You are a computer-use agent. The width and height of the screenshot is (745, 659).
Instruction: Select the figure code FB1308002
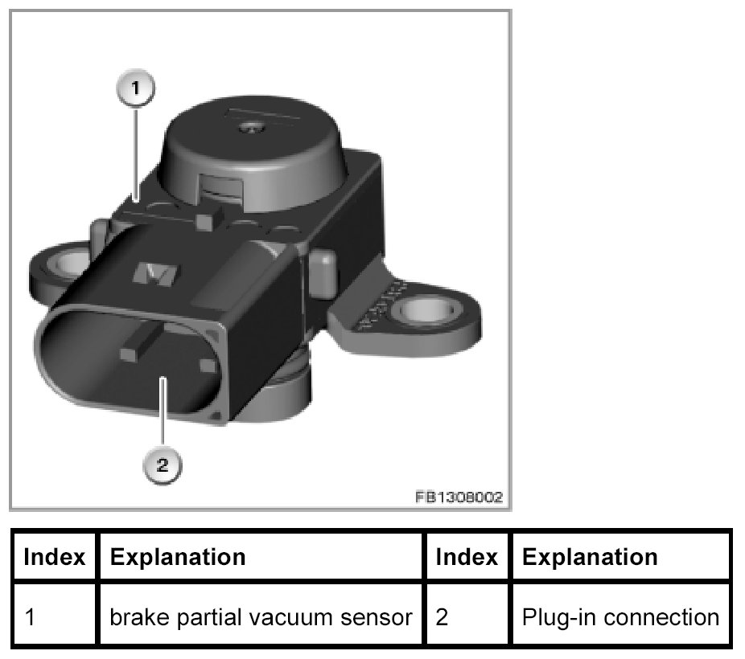tap(459, 497)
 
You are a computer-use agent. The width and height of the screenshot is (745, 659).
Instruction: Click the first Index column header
tap(55, 556)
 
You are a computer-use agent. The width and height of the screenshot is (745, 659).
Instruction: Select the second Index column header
tap(467, 556)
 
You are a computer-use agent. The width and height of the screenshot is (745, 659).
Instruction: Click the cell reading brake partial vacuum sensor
tap(261, 617)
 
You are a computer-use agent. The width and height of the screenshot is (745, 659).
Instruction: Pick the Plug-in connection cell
tap(620, 617)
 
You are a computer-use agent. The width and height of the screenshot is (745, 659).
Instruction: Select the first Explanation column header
tap(177, 556)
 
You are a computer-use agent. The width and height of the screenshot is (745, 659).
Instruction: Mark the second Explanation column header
tap(590, 556)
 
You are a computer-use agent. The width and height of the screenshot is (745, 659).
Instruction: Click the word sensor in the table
tap(381, 617)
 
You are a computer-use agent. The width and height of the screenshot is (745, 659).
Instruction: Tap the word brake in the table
tap(135, 617)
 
